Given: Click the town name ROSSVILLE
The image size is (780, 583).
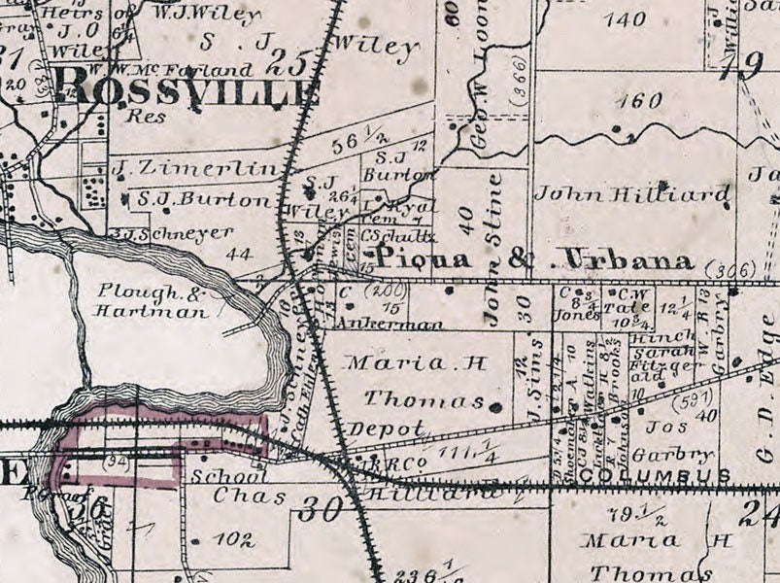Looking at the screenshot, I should (190, 93).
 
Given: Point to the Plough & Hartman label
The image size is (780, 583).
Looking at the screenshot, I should (152, 302).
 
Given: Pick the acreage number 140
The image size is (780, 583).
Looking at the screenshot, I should (623, 18).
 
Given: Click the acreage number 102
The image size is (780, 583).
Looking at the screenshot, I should (233, 539).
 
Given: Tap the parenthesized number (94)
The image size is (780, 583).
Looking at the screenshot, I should (119, 457).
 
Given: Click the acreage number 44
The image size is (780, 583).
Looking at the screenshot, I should (238, 256).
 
